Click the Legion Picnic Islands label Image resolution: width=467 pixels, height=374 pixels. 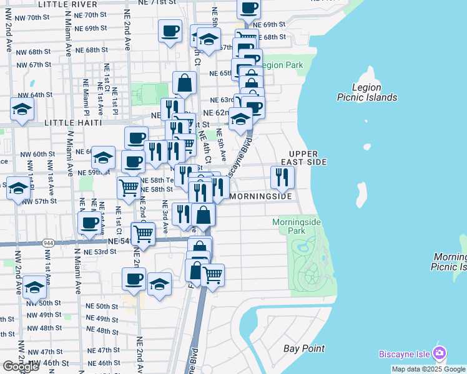[x=366, y=92]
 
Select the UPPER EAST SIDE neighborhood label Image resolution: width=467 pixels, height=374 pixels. [x=308, y=158]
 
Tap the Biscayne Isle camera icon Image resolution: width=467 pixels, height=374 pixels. [x=440, y=353]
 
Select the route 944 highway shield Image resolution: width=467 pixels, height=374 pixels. [x=48, y=242]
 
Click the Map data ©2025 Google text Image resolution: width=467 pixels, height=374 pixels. [x=428, y=369]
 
